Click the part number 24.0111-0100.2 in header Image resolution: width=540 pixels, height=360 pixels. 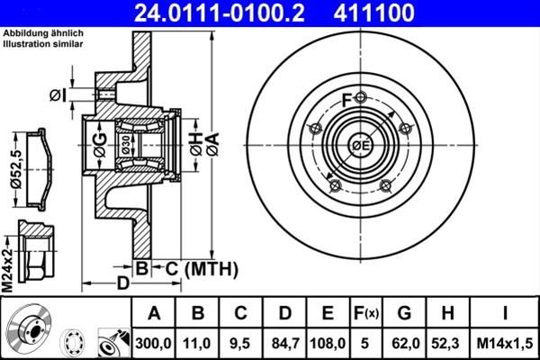(205, 13)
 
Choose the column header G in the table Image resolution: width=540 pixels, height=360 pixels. (404, 313)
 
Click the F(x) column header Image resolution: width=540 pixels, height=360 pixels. (366, 313)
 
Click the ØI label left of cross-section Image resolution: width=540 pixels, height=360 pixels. (58, 94)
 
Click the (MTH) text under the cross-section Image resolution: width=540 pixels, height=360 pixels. (210, 268)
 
